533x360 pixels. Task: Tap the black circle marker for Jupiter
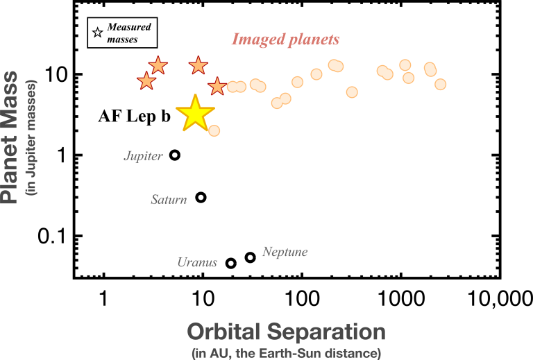[x=175, y=155]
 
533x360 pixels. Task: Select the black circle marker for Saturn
[x=201, y=197]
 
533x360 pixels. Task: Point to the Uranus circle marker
[x=231, y=263]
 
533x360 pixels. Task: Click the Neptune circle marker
[x=251, y=257]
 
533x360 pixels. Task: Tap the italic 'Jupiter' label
[x=143, y=157]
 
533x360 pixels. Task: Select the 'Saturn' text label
[x=169, y=200]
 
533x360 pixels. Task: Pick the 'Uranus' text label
[x=197, y=262]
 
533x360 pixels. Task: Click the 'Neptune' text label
[x=285, y=252]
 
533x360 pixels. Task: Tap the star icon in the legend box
[x=98, y=32]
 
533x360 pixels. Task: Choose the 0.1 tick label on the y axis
[x=50, y=237]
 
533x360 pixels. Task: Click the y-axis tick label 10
[x=53, y=74]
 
